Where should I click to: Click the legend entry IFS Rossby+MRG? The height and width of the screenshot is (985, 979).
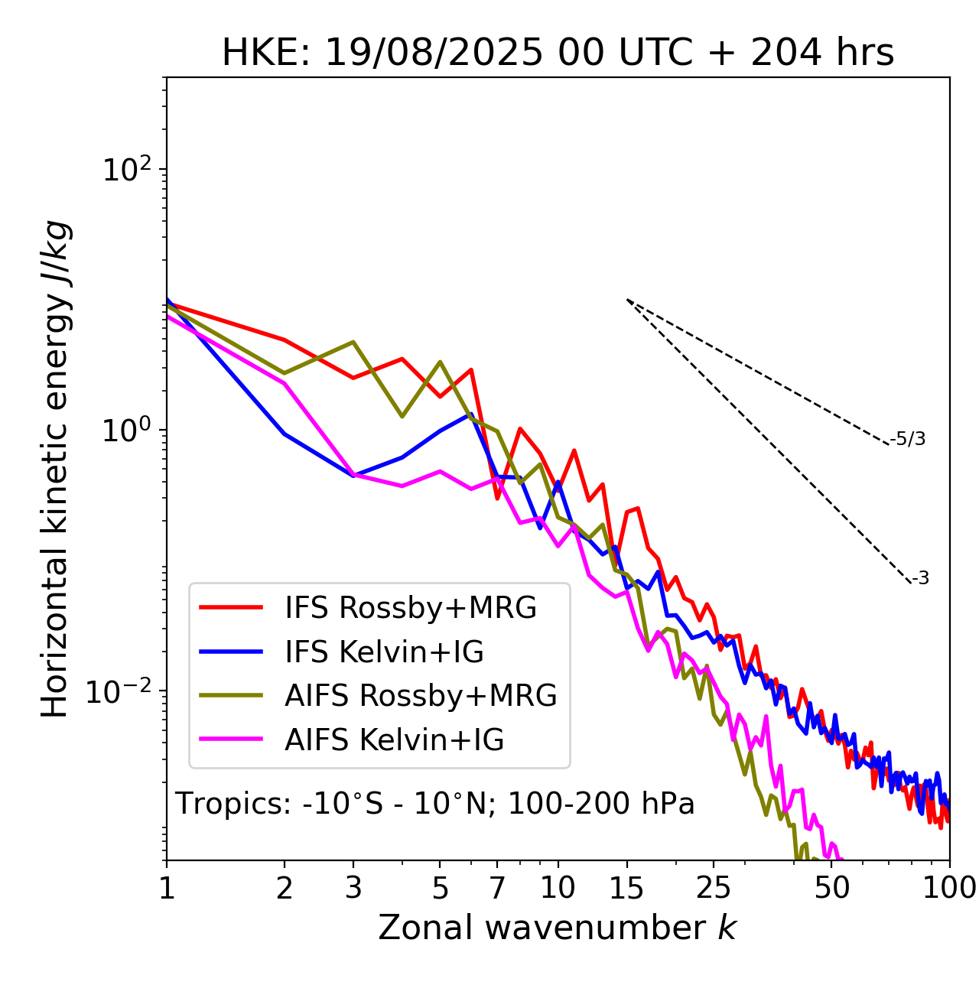410,607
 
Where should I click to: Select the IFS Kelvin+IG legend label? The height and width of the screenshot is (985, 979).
384,652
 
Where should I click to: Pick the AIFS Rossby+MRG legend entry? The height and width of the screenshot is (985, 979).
421,696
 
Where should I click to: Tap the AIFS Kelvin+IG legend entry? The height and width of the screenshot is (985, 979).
394,740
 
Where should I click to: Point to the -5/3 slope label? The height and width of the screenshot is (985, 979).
908,440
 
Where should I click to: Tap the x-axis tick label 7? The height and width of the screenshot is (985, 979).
497,888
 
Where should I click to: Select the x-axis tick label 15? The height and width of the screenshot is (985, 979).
627,888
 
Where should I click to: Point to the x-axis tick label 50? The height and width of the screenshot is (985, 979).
832,888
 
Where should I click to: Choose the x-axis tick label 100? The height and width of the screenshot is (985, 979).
949,888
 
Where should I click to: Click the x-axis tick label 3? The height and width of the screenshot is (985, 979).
353,888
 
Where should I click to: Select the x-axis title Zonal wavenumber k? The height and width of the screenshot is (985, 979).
557,928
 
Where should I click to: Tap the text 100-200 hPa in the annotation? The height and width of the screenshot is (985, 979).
601,804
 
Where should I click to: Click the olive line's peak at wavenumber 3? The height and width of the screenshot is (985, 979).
353,342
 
